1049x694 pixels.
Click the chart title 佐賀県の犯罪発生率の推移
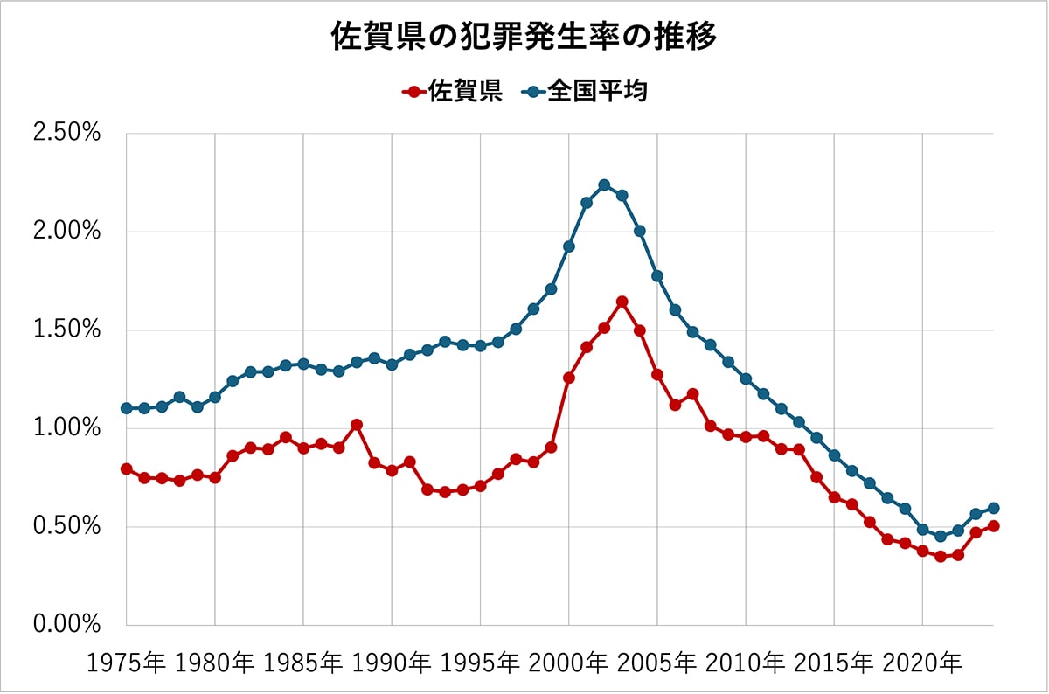click(524, 38)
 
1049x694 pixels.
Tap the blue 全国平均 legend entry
click(585, 91)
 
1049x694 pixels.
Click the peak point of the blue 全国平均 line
click(604, 184)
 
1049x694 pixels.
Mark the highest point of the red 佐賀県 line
click(622, 302)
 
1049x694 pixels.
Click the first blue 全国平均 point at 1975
click(127, 408)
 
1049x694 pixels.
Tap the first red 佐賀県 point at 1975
click(127, 469)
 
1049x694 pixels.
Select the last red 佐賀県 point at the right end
click(993, 526)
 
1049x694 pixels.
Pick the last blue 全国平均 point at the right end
click(993, 508)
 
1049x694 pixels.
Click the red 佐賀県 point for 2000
click(569, 378)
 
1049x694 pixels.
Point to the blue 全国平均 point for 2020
click(922, 530)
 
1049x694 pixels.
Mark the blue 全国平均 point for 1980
click(215, 397)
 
